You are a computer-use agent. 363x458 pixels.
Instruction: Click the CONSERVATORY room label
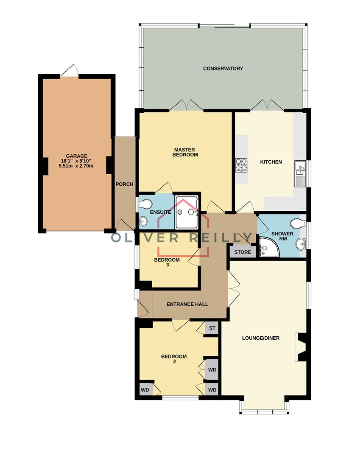223,68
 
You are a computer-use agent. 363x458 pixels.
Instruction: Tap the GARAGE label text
76,156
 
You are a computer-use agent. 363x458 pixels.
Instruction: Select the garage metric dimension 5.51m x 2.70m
76,166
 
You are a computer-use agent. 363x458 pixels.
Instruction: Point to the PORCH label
125,184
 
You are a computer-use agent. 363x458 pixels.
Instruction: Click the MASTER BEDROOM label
185,152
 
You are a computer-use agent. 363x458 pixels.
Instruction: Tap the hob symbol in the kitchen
241,165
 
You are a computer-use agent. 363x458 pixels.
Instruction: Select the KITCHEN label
271,162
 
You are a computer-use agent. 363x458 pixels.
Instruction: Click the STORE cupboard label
243,252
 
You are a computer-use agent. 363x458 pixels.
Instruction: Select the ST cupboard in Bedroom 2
212,328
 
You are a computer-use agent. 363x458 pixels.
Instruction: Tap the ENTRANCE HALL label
187,304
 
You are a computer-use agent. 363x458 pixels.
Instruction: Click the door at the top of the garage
70,71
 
